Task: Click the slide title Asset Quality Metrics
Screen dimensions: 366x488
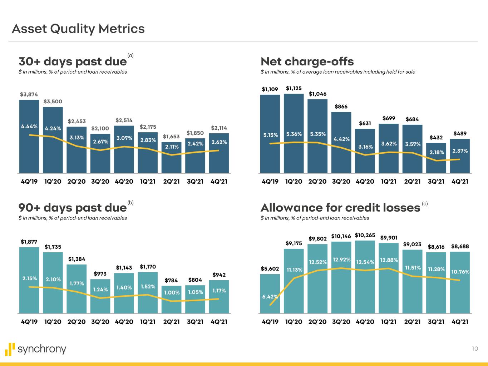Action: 78,29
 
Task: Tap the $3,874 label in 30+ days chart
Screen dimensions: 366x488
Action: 29,94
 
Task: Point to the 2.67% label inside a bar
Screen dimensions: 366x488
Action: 100,142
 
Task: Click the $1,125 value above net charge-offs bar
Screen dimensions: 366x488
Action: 294,88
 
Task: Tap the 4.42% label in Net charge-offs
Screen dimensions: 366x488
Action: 341,139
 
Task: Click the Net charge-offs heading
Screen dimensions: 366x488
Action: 307,61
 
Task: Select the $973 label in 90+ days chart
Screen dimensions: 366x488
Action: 100,274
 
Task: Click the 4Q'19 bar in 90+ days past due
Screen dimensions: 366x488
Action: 29,286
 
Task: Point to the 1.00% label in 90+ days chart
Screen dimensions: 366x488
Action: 172,292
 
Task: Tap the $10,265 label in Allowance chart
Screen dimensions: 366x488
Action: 365,235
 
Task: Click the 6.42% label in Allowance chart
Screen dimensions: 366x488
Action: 270,296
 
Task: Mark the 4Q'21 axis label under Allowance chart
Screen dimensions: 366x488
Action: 460,321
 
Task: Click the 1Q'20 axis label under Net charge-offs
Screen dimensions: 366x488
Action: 294,181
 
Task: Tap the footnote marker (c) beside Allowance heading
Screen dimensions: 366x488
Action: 425,204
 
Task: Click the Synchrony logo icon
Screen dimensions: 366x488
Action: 11,349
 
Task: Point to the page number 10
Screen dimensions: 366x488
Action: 475,349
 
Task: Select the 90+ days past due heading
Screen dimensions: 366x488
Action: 73,208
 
